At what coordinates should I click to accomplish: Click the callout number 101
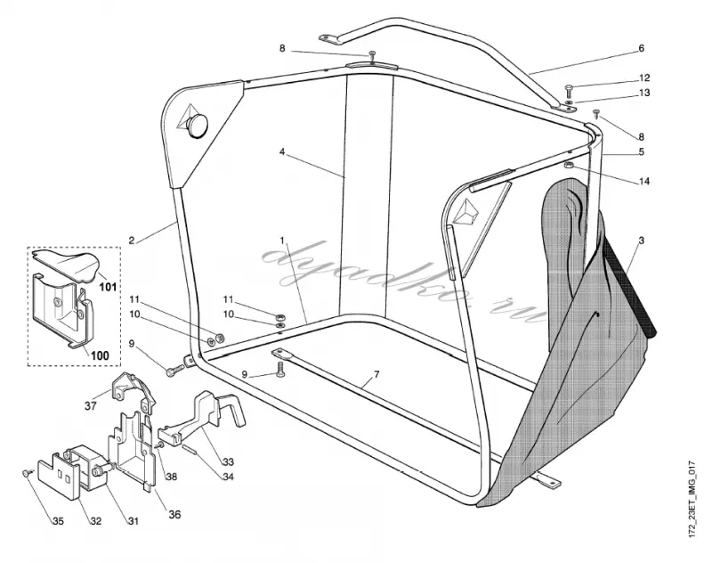pyautogui.click(x=108, y=287)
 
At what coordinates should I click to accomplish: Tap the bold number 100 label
pyautogui.click(x=100, y=355)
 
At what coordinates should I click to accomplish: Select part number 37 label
pyautogui.click(x=91, y=405)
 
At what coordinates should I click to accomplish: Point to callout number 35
pyautogui.click(x=58, y=521)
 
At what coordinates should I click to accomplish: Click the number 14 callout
pyautogui.click(x=643, y=182)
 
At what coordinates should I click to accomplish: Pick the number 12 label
pyautogui.click(x=643, y=78)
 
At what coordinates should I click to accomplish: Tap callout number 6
pyautogui.click(x=641, y=48)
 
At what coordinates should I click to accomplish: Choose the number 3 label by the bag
pyautogui.click(x=641, y=241)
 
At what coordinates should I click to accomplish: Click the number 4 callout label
pyautogui.click(x=282, y=151)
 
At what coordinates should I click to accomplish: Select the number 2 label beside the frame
pyautogui.click(x=132, y=241)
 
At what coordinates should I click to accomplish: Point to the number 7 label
pyautogui.click(x=376, y=375)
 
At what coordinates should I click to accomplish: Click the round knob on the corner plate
pyautogui.click(x=197, y=124)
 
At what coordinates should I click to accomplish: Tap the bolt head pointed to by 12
pyautogui.click(x=570, y=87)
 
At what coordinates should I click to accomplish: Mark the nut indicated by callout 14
pyautogui.click(x=569, y=165)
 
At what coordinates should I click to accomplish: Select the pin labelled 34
pyautogui.click(x=190, y=453)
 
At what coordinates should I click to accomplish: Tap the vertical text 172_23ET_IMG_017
pyautogui.click(x=692, y=499)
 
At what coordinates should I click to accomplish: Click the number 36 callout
pyautogui.click(x=174, y=514)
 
